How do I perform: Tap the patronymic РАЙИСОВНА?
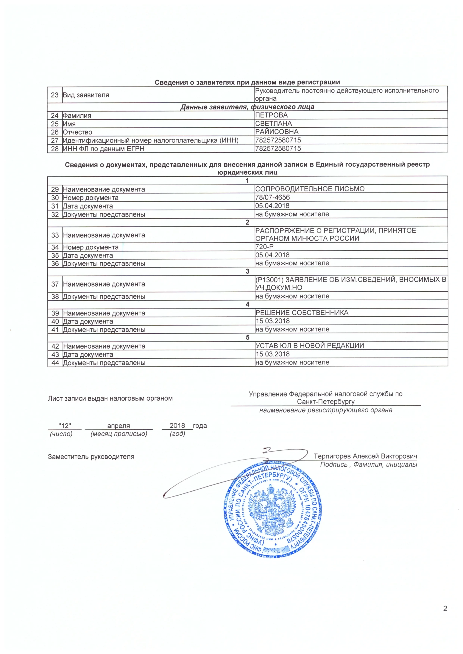tap(277, 132)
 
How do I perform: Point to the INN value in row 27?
tap(278, 140)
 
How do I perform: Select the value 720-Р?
tap(264, 247)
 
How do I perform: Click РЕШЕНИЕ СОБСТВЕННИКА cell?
tap(302, 313)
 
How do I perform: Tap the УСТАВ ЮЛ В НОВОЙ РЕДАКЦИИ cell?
tap(310, 346)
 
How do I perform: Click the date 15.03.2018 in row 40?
tap(272, 321)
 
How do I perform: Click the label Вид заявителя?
tap(86, 95)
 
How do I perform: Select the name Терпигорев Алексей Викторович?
tap(365, 456)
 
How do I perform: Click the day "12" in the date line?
tap(65, 426)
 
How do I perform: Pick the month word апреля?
tap(119, 426)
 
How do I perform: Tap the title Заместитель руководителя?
tap(91, 457)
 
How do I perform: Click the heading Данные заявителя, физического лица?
tap(247, 107)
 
